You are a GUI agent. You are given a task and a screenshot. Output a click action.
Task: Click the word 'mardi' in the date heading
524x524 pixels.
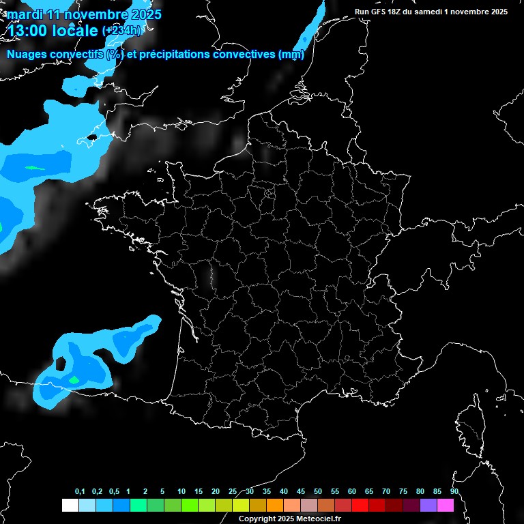[25, 14]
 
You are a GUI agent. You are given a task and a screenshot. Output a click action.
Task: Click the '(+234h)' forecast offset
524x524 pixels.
[123, 31]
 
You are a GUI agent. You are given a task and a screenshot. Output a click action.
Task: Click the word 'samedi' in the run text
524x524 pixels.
[437, 12]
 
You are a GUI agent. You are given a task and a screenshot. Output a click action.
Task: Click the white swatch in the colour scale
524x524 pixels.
[70, 505]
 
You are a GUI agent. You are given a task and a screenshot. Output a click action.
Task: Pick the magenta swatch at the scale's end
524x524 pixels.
[446, 505]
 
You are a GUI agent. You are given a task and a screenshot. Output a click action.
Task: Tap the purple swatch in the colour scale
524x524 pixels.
[428, 505]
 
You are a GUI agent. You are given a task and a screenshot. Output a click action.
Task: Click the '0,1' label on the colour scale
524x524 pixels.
[80, 492]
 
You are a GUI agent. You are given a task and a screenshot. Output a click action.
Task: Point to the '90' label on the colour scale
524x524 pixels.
[454, 492]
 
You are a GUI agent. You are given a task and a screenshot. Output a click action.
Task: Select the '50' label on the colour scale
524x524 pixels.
[318, 492]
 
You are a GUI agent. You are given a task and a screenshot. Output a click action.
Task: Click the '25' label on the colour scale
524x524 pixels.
[233, 492]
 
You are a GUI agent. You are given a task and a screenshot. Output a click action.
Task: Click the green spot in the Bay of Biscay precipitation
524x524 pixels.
[74, 379]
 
